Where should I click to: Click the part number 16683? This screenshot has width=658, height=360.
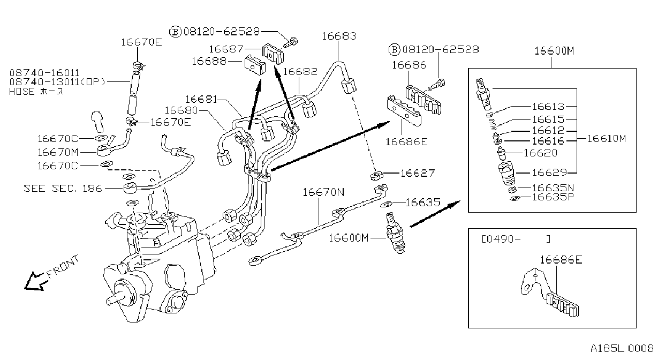(x=339, y=36)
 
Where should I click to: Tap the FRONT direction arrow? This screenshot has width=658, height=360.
(x=35, y=282)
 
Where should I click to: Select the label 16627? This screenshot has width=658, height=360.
(x=418, y=173)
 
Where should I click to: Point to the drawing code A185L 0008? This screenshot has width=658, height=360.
(x=622, y=348)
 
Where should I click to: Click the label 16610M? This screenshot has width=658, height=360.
(x=607, y=138)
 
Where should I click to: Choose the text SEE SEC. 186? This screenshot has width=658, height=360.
(x=63, y=188)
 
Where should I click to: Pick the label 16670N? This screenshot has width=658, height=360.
(x=323, y=192)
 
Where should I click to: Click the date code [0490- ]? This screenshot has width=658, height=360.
(x=516, y=239)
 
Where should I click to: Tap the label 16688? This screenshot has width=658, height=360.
(x=209, y=61)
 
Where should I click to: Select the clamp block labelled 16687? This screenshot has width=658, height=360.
(x=273, y=54)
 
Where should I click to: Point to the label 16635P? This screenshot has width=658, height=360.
(x=553, y=197)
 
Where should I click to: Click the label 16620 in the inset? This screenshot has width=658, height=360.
(x=541, y=153)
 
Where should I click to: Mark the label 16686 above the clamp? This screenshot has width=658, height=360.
(x=409, y=65)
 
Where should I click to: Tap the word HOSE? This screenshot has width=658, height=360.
(x=22, y=92)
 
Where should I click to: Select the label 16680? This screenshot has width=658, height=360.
(x=181, y=110)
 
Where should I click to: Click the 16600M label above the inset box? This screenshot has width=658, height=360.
(x=554, y=51)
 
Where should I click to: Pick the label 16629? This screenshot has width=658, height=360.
(x=549, y=172)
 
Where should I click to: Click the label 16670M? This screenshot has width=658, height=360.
(x=58, y=152)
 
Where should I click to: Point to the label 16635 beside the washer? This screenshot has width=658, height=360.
(x=423, y=202)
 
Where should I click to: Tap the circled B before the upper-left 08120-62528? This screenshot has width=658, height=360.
(x=176, y=32)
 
